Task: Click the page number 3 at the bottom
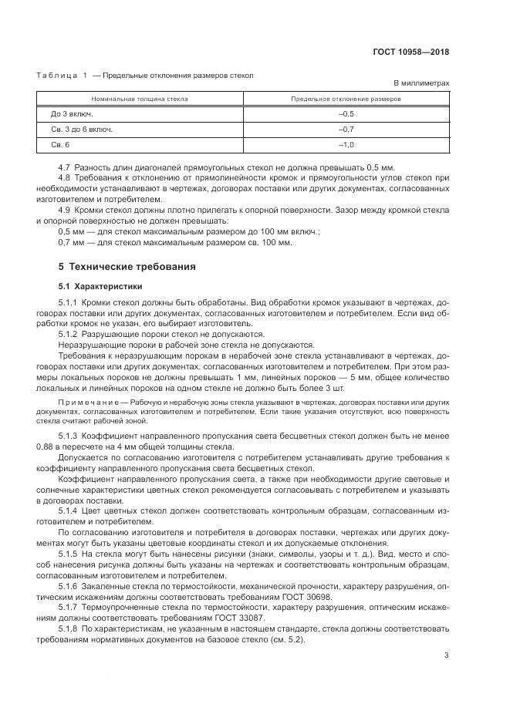[447, 655]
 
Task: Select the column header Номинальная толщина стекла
[140, 99]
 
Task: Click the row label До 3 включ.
[71, 114]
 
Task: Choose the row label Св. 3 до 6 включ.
[82, 130]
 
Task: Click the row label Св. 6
[60, 145]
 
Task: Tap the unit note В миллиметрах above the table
[421, 83]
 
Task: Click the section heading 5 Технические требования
[117, 267]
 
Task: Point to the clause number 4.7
[65, 167]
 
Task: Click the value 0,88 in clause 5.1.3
[46, 446]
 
